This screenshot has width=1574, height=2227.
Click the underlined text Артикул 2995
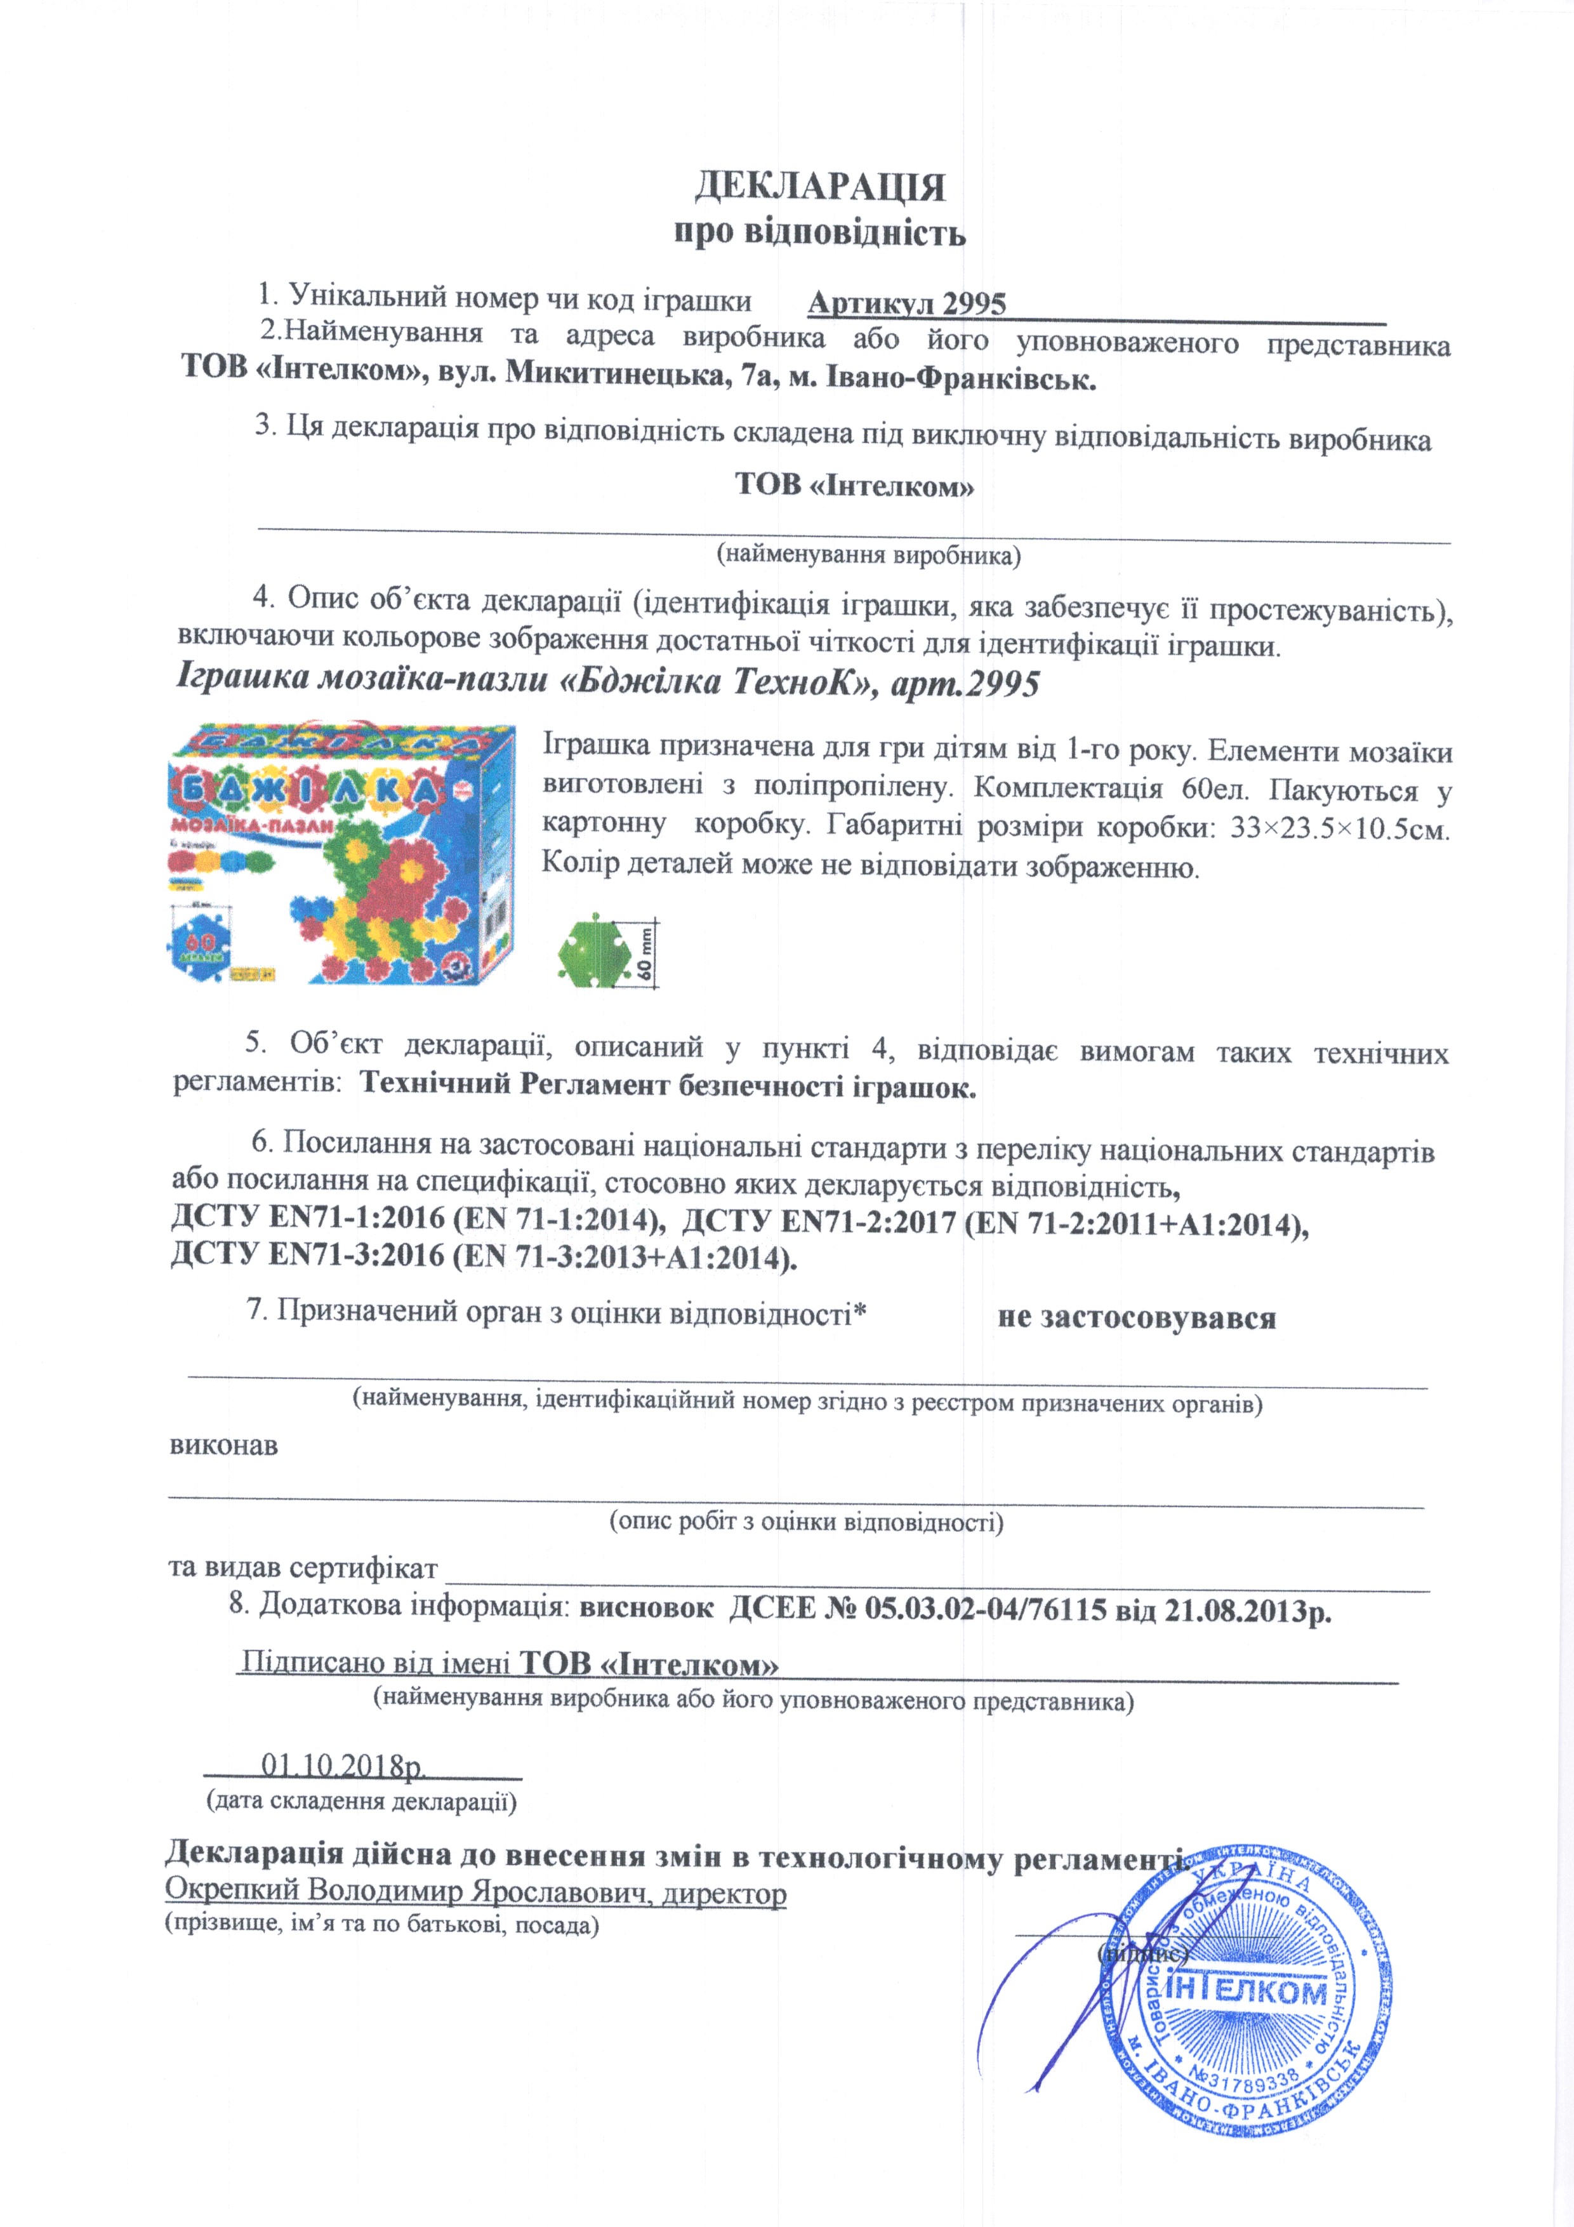(x=907, y=303)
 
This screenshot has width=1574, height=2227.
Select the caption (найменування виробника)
(x=868, y=555)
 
